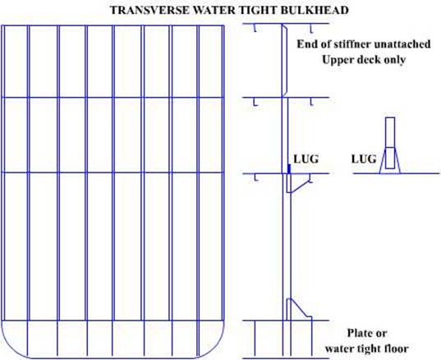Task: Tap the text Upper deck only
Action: click(x=364, y=60)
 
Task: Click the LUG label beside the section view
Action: click(x=306, y=159)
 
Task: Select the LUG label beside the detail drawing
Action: click(x=364, y=159)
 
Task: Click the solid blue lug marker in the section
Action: click(x=288, y=168)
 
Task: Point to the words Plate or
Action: click(x=367, y=333)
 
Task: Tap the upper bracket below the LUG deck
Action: click(x=297, y=183)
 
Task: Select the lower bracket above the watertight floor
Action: click(x=299, y=309)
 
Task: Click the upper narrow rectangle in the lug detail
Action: click(x=390, y=132)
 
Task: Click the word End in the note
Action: click(x=305, y=44)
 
